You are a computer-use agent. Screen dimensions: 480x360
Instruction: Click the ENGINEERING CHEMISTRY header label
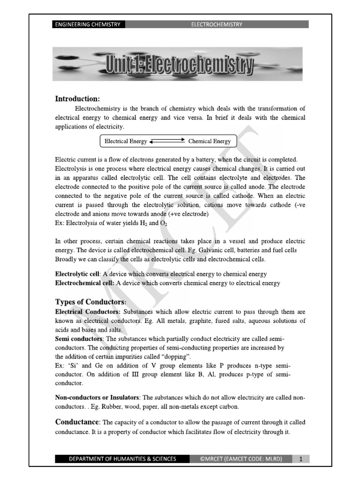pyautogui.click(x=88, y=24)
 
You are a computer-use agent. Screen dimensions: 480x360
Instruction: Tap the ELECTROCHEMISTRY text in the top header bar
pyautogui.click(x=216, y=24)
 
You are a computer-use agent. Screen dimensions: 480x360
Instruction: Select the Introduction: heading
pyautogui.click(x=77, y=98)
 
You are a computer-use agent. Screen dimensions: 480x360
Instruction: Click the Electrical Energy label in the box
pyautogui.click(x=126, y=141)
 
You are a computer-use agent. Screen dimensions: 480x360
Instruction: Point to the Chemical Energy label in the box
pyautogui.click(x=210, y=141)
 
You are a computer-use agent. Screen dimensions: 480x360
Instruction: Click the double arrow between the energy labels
pyautogui.click(x=167, y=141)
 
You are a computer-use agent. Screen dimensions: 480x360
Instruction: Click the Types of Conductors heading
pyautogui.click(x=90, y=301)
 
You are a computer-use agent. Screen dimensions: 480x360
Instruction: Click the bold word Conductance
pyautogui.click(x=77, y=422)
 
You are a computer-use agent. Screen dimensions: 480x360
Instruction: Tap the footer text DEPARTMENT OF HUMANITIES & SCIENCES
pyautogui.click(x=123, y=459)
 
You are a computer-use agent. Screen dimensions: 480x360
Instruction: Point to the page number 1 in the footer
pyautogui.click(x=300, y=459)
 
